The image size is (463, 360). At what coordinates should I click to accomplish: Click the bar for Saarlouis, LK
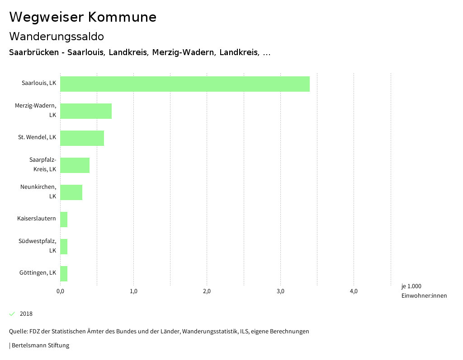[x=184, y=84]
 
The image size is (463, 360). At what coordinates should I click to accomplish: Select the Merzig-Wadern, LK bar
[x=86, y=111]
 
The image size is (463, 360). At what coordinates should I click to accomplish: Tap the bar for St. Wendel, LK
[x=82, y=138]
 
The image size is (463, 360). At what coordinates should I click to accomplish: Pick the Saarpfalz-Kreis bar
[x=75, y=165]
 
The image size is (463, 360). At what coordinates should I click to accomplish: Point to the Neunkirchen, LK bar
[x=71, y=192]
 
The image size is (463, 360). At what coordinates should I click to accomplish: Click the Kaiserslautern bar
[x=64, y=220]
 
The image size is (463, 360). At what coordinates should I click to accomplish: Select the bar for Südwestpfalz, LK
[x=64, y=247]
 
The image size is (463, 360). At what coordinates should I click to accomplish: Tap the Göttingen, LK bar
[x=64, y=274]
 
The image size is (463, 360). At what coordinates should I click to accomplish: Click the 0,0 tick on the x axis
[x=60, y=291]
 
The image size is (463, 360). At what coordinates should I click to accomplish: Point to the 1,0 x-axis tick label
[x=133, y=291]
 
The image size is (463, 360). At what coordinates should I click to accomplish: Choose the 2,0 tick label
[x=207, y=291]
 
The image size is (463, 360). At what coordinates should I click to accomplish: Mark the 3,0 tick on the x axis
[x=280, y=291]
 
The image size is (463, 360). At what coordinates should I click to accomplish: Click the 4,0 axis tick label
[x=354, y=291]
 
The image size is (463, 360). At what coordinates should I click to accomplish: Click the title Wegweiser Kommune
[x=83, y=17]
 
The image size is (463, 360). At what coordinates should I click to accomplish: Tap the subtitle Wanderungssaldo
[x=57, y=36]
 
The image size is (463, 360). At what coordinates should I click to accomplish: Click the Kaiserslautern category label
[x=37, y=219]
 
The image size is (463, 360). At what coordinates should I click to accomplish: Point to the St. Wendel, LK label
[x=37, y=137]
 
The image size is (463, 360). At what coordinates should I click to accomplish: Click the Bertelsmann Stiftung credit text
[x=40, y=346]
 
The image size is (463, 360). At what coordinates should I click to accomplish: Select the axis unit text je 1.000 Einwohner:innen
[x=424, y=291]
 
